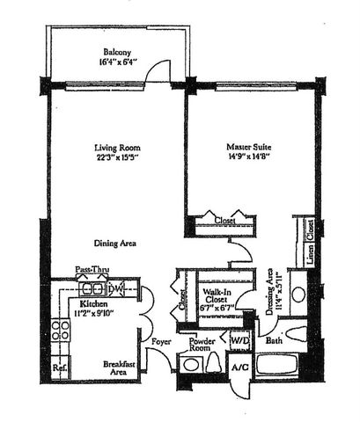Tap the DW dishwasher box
(x=115, y=289)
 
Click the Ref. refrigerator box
(x=59, y=368)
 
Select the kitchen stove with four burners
(x=61, y=332)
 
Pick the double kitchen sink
(x=91, y=288)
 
